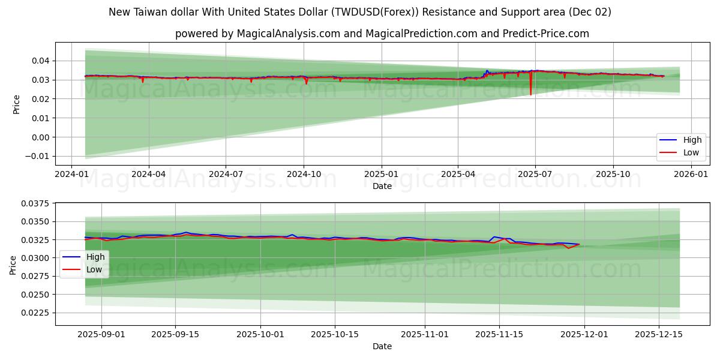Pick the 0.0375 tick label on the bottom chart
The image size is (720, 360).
pos(37,203)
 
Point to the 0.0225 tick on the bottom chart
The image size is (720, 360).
pos(37,313)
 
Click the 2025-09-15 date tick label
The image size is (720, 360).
pos(175,335)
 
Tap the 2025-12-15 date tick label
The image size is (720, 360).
pos(659,335)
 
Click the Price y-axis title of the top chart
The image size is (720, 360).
pos(17,104)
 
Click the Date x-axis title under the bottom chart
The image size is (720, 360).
pos(382,346)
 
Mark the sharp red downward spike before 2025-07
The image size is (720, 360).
pos(530,94)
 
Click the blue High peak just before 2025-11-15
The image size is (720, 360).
pos(494,237)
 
